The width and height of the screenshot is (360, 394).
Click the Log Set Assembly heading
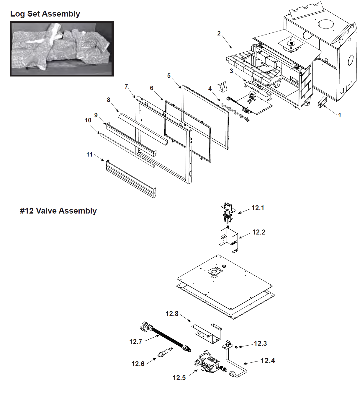point(45,14)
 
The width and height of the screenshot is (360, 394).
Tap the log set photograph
point(62,49)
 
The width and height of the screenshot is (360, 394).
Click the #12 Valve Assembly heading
point(58,211)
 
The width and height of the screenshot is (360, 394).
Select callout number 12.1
point(258,208)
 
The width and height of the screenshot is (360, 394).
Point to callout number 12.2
point(258,232)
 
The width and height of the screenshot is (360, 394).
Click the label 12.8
point(172,314)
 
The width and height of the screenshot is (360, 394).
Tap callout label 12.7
point(136,342)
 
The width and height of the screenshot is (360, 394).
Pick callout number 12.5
point(179,378)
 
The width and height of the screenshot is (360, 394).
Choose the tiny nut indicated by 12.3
point(236,347)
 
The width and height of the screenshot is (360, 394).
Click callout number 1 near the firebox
point(339,115)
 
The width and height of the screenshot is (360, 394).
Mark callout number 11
point(89,154)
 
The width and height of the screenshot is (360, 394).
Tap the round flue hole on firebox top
point(326,24)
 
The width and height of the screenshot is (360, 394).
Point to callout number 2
point(219,33)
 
